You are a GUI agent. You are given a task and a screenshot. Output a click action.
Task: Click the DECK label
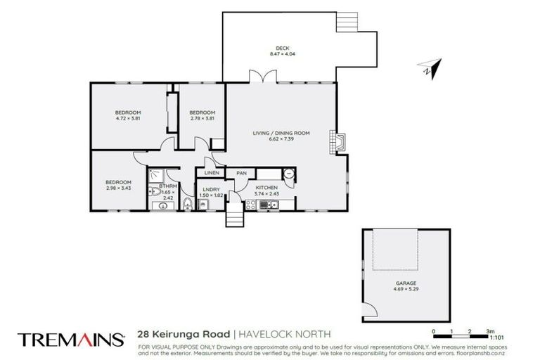283,49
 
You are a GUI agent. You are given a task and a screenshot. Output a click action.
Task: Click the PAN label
241,173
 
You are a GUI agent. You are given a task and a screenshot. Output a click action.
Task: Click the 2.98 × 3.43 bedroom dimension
118,188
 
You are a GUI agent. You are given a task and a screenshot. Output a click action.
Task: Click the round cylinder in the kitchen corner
289,174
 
